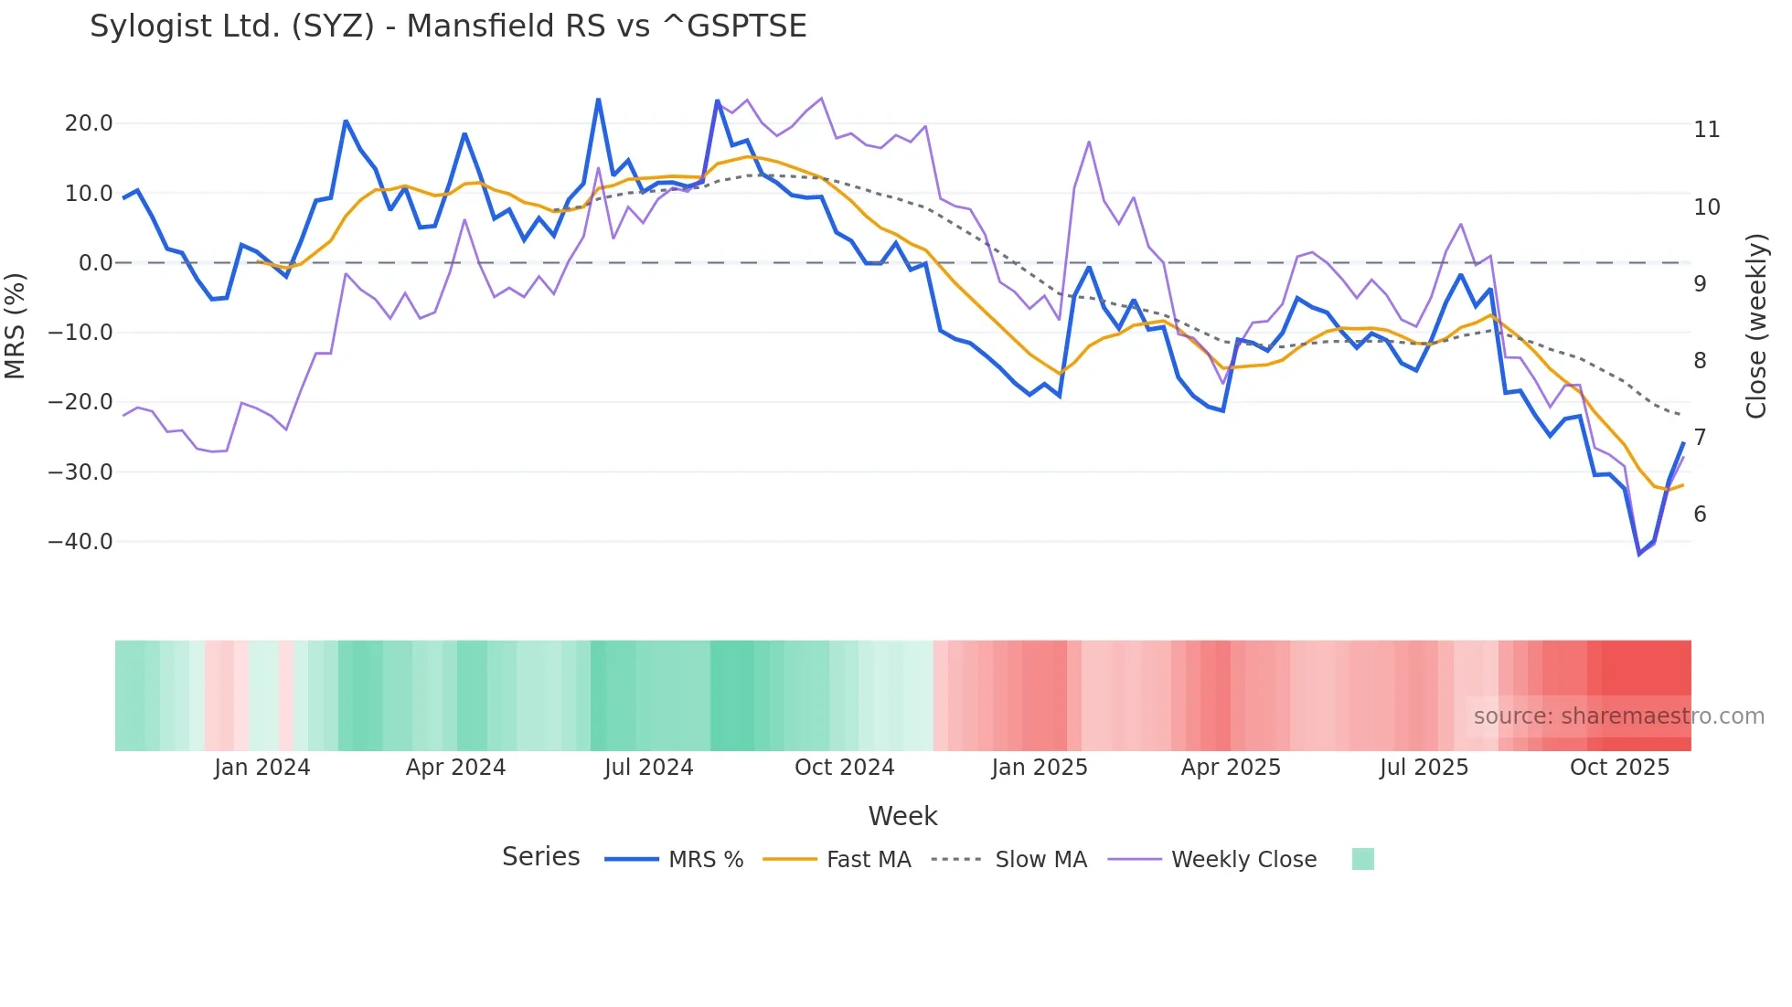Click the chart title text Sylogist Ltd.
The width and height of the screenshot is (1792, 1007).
pyautogui.click(x=448, y=26)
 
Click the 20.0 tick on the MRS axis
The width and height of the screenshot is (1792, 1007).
pyautogui.click(x=88, y=123)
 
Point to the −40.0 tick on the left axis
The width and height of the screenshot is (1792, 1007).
pyautogui.click(x=80, y=542)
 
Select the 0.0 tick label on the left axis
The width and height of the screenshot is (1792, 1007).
pyautogui.click(x=95, y=263)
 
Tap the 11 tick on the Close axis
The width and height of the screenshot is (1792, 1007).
pyautogui.click(x=1706, y=130)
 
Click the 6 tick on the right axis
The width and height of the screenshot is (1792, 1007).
pyautogui.click(x=1700, y=514)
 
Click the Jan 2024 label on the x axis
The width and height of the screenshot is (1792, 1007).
pyautogui.click(x=262, y=768)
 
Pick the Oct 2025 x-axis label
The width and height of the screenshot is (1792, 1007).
pyautogui.click(x=1619, y=768)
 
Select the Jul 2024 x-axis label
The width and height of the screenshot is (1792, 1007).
pyautogui.click(x=648, y=768)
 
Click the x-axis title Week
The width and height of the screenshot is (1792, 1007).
pyautogui.click(x=902, y=816)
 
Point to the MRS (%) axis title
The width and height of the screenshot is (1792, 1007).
pyautogui.click(x=16, y=325)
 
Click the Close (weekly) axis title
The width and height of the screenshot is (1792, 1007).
pyautogui.click(x=1756, y=326)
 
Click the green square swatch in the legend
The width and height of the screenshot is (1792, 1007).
pyautogui.click(x=1362, y=859)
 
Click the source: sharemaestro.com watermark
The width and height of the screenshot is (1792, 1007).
pyautogui.click(x=1618, y=716)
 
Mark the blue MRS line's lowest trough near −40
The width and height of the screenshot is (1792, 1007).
pyautogui.click(x=1639, y=554)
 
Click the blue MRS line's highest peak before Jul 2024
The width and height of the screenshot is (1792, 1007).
pyautogui.click(x=598, y=100)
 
